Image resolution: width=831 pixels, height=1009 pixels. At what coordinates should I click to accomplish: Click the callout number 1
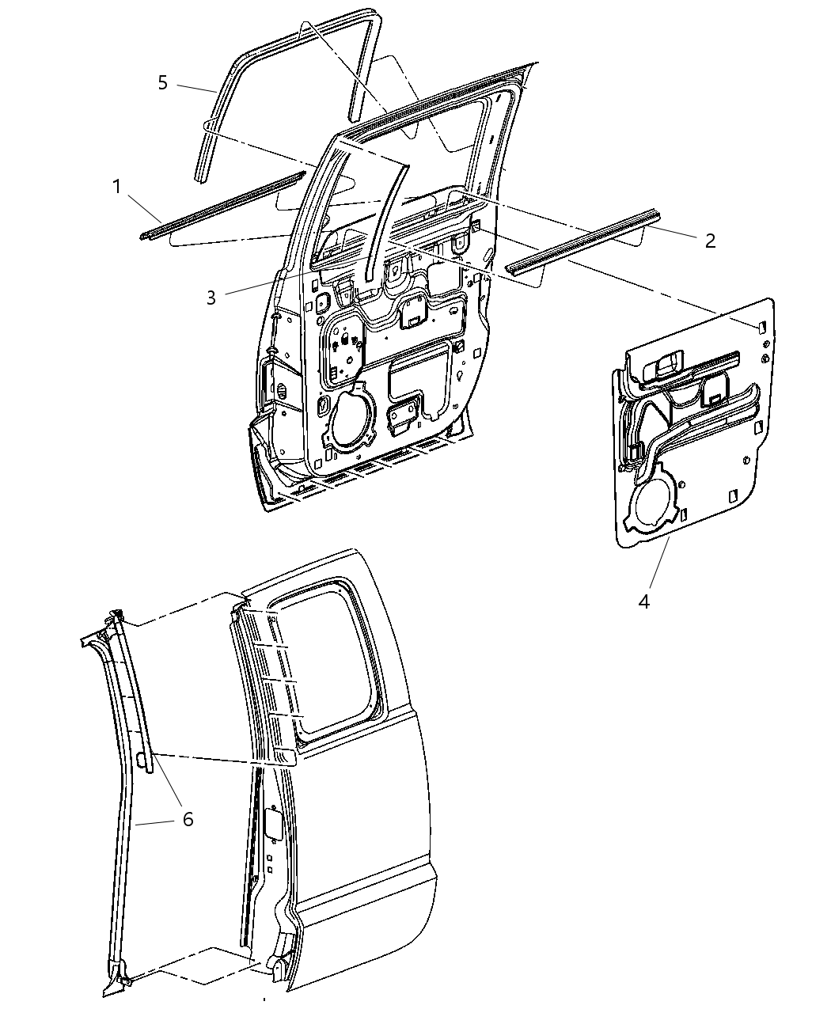pos(116,187)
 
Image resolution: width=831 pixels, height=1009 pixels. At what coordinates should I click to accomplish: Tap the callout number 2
pos(710,241)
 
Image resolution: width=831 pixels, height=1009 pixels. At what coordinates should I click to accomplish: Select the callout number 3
pos(211,298)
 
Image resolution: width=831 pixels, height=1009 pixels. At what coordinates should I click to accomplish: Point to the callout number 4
pos(644,601)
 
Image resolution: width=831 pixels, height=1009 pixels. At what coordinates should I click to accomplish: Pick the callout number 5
pos(162,82)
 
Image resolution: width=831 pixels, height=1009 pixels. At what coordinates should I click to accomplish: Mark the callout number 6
pos(188,820)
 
